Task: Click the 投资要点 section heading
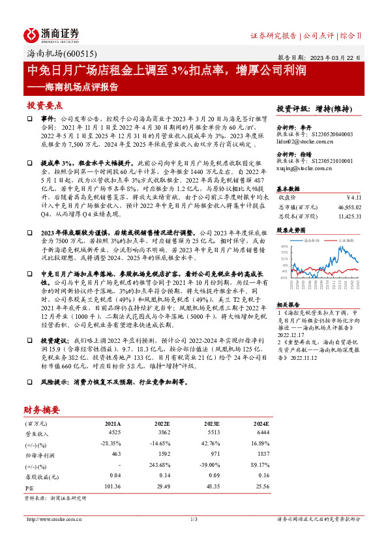point(44,105)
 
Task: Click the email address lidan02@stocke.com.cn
point(305,141)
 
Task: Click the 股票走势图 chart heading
point(290,230)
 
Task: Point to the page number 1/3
point(194,519)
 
